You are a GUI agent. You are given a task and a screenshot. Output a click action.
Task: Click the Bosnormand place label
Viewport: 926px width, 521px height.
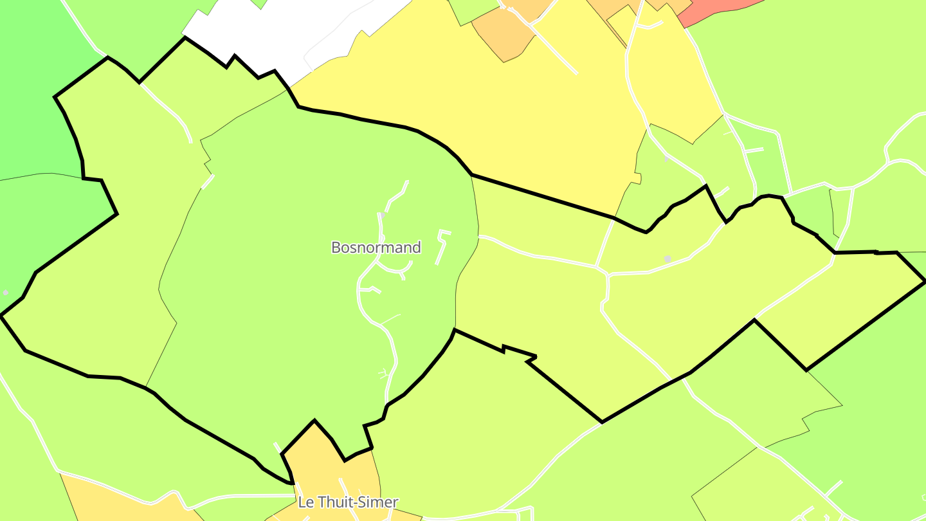click(x=376, y=248)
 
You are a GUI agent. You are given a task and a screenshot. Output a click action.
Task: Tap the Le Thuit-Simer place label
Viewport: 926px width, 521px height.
click(x=348, y=502)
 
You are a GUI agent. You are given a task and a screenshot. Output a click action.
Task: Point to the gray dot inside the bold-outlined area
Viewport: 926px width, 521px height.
click(x=667, y=259)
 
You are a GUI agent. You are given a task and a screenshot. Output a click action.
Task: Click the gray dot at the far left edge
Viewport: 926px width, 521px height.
click(x=6, y=293)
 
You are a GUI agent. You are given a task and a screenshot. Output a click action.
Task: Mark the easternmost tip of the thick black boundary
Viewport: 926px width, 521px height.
click(x=924, y=281)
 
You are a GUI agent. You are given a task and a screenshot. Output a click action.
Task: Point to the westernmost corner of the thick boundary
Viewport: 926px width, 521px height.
click(x=2, y=315)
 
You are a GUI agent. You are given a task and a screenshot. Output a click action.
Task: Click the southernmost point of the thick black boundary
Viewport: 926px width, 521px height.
click(x=293, y=482)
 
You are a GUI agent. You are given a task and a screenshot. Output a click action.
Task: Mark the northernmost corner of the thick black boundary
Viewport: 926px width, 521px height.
click(x=185, y=37)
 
